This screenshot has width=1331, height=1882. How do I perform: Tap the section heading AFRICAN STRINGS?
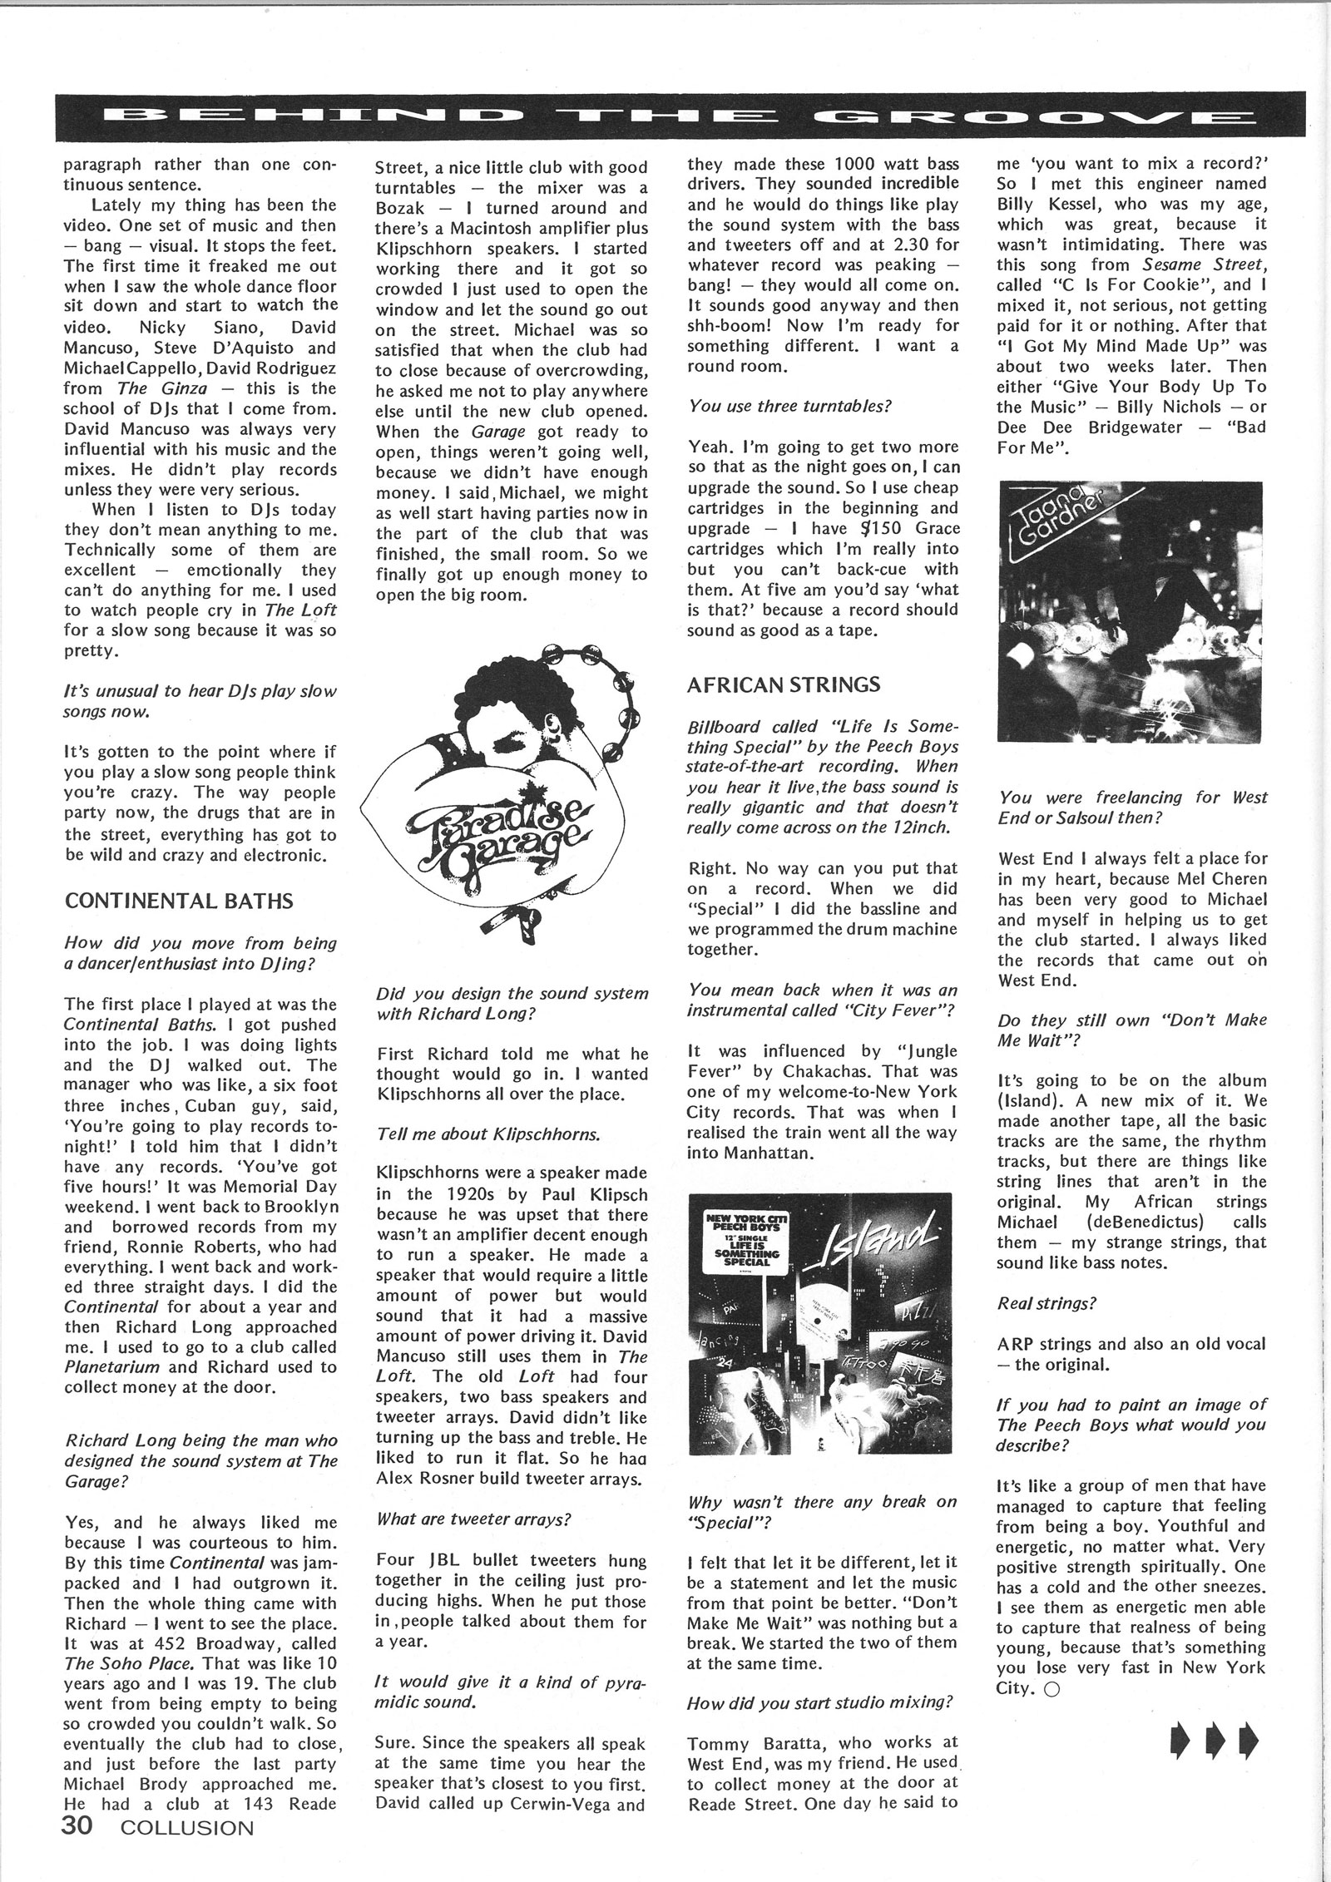783,684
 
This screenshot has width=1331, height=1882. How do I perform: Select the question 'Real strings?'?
1046,1303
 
